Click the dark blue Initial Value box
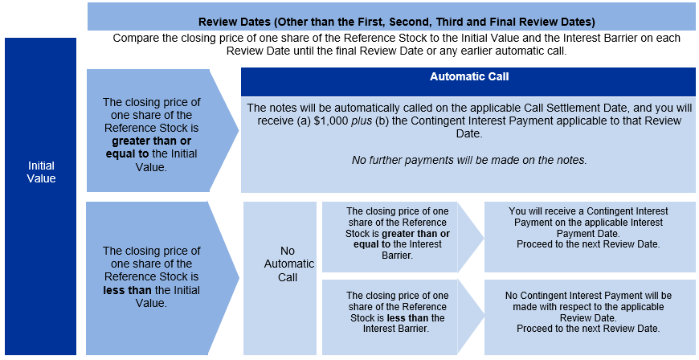tap(40, 196)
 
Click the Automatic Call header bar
tap(468, 82)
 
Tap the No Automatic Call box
tap(280, 278)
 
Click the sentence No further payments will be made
tap(469, 160)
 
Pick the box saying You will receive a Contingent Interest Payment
tap(590, 236)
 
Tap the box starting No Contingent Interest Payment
tap(590, 317)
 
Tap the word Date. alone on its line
tap(469, 134)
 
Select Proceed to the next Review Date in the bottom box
tap(588, 329)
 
